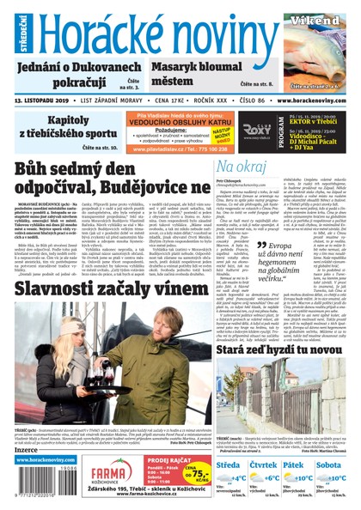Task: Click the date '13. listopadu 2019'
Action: (x=43, y=101)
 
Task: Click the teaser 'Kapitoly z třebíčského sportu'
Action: (x=60, y=127)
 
